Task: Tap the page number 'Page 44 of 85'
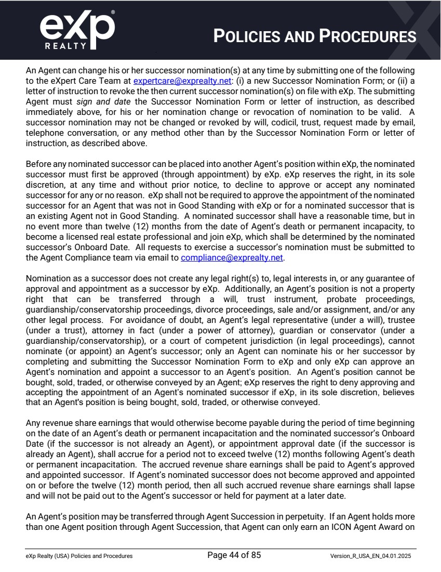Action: (x=234, y=555)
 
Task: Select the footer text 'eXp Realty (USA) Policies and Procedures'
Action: (x=79, y=556)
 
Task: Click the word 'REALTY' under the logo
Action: (x=65, y=45)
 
